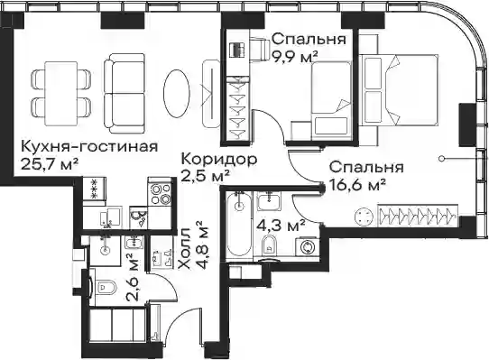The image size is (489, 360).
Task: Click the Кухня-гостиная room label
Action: [x=89, y=147]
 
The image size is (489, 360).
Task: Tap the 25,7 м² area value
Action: [x=50, y=163]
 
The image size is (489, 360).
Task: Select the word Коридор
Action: [x=219, y=160]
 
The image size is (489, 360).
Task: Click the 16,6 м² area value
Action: [x=357, y=185]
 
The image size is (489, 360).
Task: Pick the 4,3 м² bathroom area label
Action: [x=280, y=226]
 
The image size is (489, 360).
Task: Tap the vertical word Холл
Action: [x=185, y=249]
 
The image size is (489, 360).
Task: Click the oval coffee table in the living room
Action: [x=176, y=93]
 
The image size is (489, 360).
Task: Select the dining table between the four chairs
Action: [x=61, y=93]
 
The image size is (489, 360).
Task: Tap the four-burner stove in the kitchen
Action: [x=161, y=193]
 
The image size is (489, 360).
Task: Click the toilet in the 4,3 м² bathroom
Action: [x=269, y=246]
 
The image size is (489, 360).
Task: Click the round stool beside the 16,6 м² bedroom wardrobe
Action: [x=364, y=216]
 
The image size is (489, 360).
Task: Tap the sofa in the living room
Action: [x=125, y=93]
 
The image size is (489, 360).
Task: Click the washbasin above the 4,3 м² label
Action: [x=269, y=201]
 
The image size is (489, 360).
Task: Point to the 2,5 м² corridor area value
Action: [x=206, y=176]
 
